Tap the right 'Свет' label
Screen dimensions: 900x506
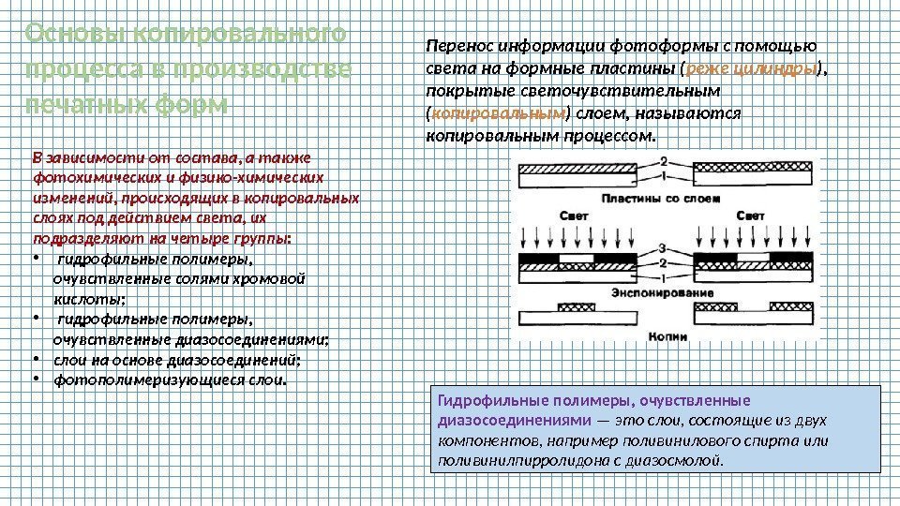coord(750,216)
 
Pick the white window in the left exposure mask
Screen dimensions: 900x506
coord(575,258)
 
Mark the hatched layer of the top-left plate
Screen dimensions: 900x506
coord(581,166)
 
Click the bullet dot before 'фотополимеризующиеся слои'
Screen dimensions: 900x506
coord(35,380)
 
